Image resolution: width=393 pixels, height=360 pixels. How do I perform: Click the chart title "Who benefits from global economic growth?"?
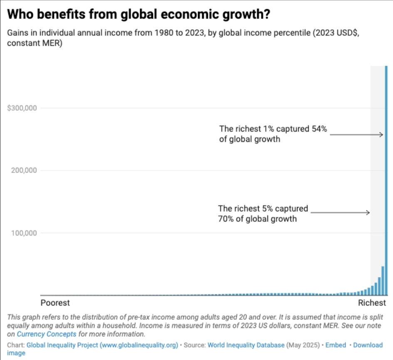(x=139, y=14)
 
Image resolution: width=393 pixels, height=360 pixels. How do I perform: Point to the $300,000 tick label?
(x=22, y=108)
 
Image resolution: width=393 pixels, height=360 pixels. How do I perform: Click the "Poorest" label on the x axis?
(x=55, y=303)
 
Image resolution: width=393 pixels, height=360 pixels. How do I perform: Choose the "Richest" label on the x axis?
(x=372, y=303)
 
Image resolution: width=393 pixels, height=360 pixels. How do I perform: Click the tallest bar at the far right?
(x=386, y=179)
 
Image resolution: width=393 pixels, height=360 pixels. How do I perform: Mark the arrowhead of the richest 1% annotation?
(x=381, y=134)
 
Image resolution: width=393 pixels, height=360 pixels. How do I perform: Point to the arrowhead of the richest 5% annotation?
(x=368, y=213)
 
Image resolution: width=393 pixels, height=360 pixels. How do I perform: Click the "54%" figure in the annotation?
(x=319, y=129)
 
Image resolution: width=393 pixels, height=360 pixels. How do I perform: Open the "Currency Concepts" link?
(x=47, y=334)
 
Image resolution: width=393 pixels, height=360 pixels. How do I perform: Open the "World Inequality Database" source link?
(x=246, y=345)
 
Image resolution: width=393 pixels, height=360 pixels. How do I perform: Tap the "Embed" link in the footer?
(x=336, y=345)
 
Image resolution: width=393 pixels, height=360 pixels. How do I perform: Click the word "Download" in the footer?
(x=368, y=345)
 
